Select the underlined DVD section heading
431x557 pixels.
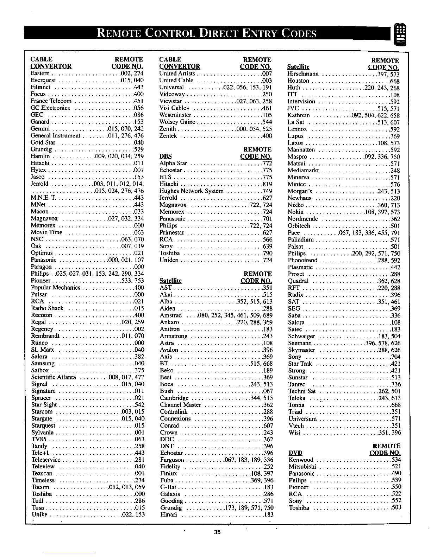click(295, 453)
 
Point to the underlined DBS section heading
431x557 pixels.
click(165, 156)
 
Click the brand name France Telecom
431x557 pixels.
click(51, 101)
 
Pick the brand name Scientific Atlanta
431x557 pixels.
click(54, 377)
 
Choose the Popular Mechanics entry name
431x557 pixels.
click(56, 288)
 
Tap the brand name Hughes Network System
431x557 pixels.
click(192, 191)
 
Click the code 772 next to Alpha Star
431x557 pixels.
click(267, 164)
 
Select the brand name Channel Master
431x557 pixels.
click(180, 405)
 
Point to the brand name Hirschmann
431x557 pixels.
click(303, 74)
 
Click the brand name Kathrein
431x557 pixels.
click(299, 115)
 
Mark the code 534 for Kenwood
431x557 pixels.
click(396, 460)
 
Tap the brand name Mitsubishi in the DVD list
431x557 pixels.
click(302, 467)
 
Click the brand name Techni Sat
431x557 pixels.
click(302, 391)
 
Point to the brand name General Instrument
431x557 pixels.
click(56, 136)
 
